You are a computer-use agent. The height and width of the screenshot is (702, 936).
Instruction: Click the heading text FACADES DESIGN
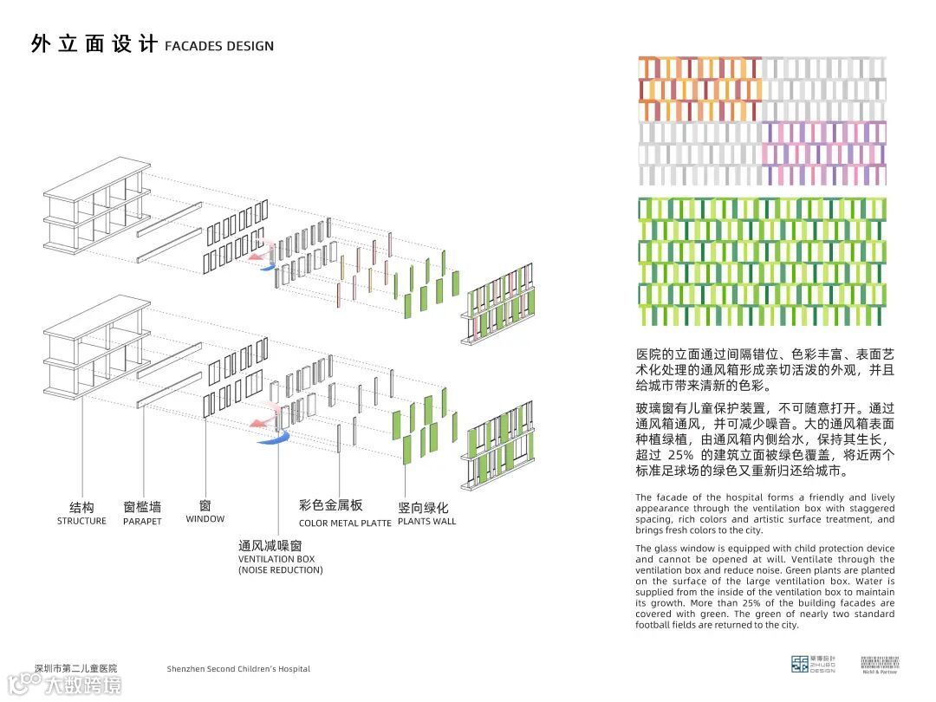coord(219,46)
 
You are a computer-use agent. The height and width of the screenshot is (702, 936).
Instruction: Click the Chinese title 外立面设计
coord(93,44)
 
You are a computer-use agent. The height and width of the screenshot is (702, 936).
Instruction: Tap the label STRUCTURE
coord(81,521)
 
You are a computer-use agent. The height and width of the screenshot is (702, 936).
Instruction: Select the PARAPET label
coord(142,522)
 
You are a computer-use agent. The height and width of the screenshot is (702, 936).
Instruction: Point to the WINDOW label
coord(205,519)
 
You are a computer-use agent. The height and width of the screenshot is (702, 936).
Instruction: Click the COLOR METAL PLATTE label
coord(345,523)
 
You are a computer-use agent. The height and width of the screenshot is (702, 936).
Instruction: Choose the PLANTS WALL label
coord(426,522)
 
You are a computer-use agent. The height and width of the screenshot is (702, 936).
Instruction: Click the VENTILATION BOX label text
coord(276,559)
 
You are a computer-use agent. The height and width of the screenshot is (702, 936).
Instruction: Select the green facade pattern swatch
coord(763,263)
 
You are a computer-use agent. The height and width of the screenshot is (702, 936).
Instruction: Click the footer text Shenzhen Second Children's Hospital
coord(238,669)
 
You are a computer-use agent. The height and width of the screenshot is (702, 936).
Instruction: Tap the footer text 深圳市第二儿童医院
coord(75,668)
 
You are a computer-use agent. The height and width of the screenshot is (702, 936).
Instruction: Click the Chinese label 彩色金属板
coord(331,505)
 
